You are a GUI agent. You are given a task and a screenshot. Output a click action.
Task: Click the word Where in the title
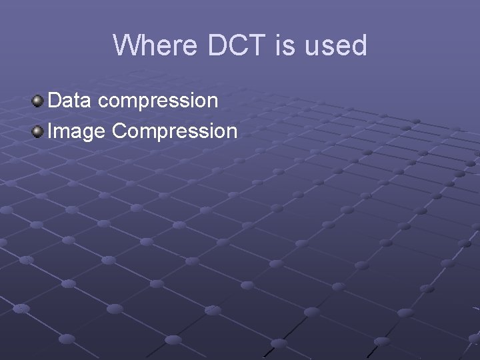pyautogui.click(x=154, y=45)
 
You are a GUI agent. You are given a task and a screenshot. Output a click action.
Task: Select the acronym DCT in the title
pyautogui.click(x=237, y=45)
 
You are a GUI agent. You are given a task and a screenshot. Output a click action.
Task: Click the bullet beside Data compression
pyautogui.click(x=38, y=101)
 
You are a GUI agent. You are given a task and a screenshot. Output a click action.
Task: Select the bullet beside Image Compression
pyautogui.click(x=38, y=131)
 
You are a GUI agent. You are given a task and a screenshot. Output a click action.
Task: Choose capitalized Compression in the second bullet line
pyautogui.click(x=175, y=131)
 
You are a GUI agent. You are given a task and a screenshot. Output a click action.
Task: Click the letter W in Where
pyautogui.click(x=125, y=45)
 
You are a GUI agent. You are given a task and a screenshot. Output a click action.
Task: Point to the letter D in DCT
pyautogui.click(x=218, y=45)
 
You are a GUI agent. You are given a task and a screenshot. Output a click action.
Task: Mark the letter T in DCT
pyautogui.click(x=257, y=45)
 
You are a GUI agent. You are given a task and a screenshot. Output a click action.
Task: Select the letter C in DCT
pyautogui.click(x=238, y=45)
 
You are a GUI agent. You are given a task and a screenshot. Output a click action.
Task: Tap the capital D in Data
pyautogui.click(x=55, y=101)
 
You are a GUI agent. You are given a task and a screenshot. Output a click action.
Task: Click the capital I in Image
pyautogui.click(x=51, y=131)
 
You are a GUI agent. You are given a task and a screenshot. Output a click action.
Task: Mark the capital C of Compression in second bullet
pyautogui.click(x=120, y=131)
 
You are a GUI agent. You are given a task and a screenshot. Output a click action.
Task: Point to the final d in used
pyautogui.click(x=359, y=45)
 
